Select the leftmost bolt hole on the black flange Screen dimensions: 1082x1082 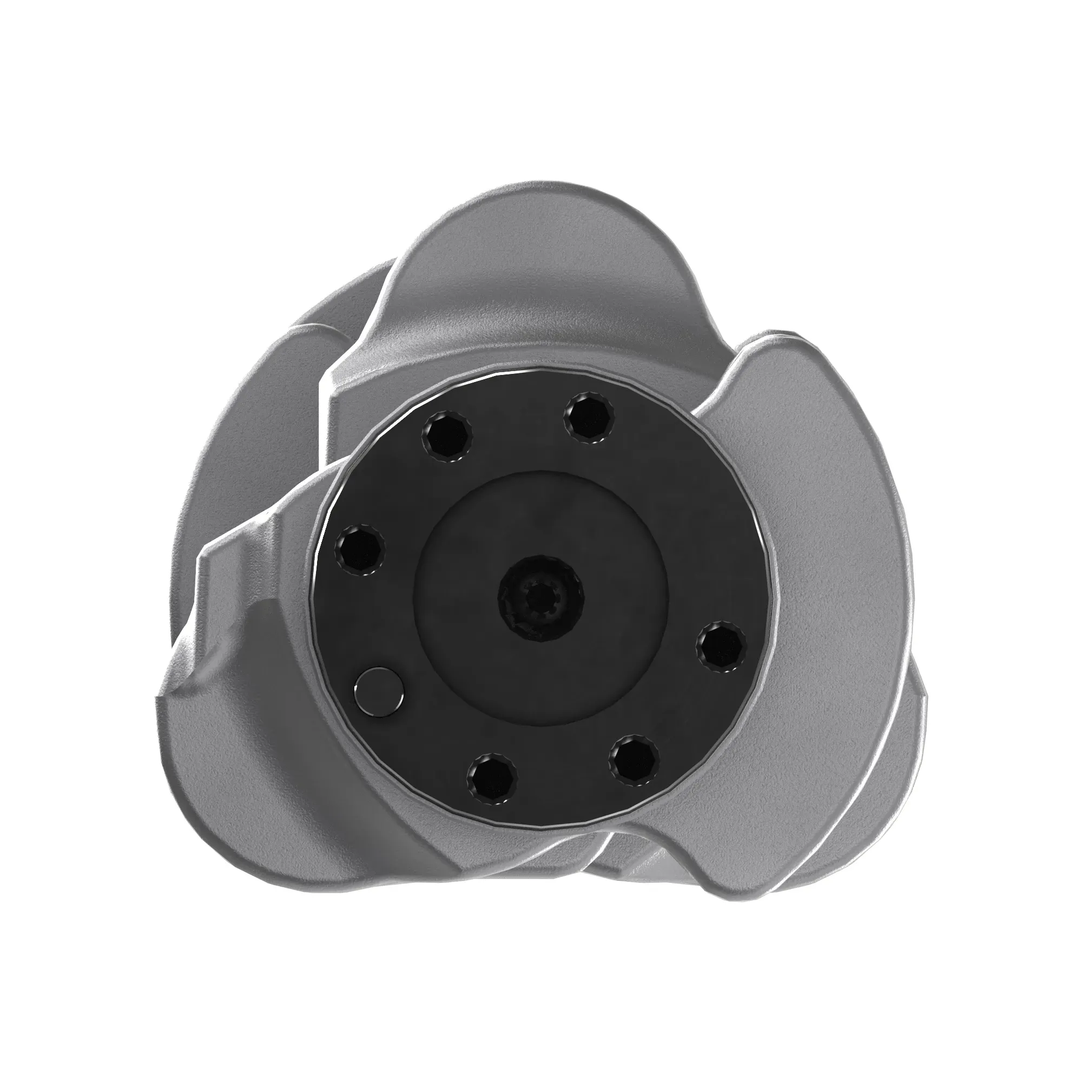pos(360,550)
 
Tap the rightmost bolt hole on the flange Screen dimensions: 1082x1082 pos(721,646)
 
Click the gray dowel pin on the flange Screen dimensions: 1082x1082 pos(379,692)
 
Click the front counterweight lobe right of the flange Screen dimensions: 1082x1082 pos(840,504)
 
